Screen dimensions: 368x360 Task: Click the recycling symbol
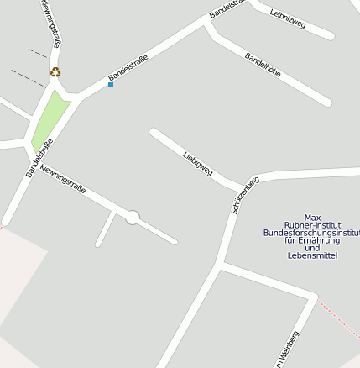pyautogui.click(x=55, y=72)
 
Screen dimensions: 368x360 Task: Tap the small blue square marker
pyautogui.click(x=110, y=85)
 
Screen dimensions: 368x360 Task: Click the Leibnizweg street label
pyautogui.click(x=288, y=19)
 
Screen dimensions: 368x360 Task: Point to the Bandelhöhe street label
pyautogui.click(x=262, y=69)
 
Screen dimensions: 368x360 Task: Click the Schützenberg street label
pyautogui.click(x=245, y=194)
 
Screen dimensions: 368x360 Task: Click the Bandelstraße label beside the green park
pyautogui.click(x=39, y=158)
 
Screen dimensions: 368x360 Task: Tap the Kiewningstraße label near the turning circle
pyautogui.click(x=63, y=179)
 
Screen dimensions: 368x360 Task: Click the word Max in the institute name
pyautogui.click(x=312, y=217)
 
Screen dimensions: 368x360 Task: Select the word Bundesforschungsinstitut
pyautogui.click(x=310, y=232)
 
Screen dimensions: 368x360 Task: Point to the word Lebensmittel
pyautogui.click(x=312, y=255)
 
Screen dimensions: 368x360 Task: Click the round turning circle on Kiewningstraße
pyautogui.click(x=132, y=218)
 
